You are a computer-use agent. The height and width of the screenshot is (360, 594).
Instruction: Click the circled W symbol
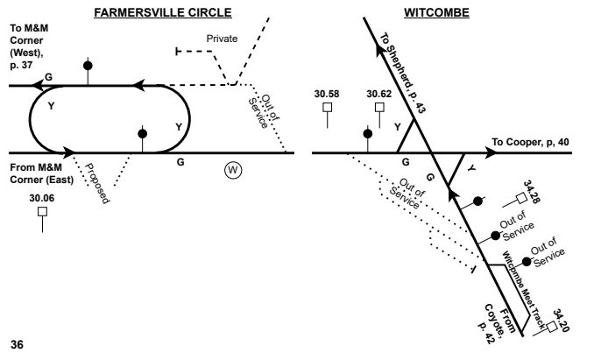pos(232,169)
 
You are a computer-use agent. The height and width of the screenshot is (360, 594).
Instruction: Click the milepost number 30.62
pos(379,92)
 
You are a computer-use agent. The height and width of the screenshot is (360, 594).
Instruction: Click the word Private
pos(222,39)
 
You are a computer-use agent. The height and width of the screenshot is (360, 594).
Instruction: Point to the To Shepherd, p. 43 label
pos(403,63)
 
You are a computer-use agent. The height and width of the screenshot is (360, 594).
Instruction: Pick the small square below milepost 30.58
pos(328,108)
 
